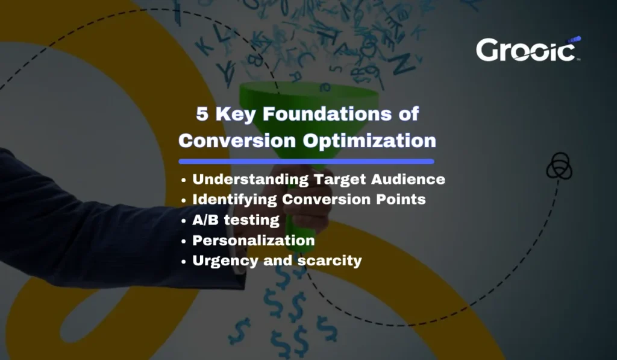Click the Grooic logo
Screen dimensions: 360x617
point(528,49)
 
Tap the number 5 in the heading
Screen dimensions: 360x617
point(202,113)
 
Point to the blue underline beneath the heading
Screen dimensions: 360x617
point(306,162)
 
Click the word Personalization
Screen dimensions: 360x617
point(253,241)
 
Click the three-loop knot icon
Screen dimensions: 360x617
point(559,166)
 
